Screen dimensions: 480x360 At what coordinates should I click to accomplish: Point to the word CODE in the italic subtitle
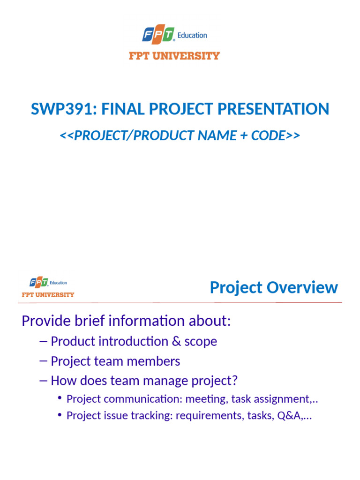[269, 135]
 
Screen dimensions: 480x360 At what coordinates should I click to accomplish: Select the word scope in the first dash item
[201, 341]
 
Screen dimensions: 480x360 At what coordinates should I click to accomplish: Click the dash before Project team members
[44, 361]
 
